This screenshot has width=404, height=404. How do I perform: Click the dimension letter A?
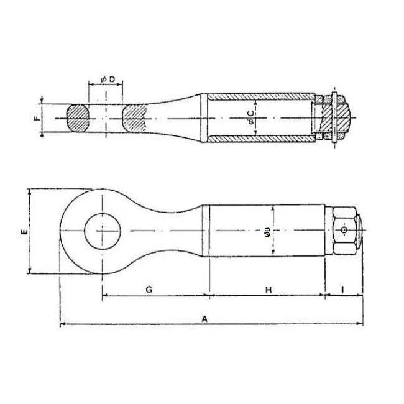(x=204, y=319)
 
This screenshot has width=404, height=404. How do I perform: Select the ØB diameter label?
(x=267, y=232)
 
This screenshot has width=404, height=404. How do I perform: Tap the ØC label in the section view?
(x=250, y=117)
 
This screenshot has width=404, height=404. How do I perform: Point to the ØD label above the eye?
(x=108, y=80)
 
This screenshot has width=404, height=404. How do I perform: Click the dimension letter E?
(x=24, y=232)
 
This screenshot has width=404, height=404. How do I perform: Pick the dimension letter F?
(x=38, y=118)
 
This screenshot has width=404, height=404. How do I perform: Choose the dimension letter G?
(x=149, y=290)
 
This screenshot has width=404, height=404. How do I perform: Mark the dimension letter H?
(x=269, y=290)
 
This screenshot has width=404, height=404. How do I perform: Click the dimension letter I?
(x=342, y=290)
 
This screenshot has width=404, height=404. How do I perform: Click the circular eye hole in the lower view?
(x=103, y=231)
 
